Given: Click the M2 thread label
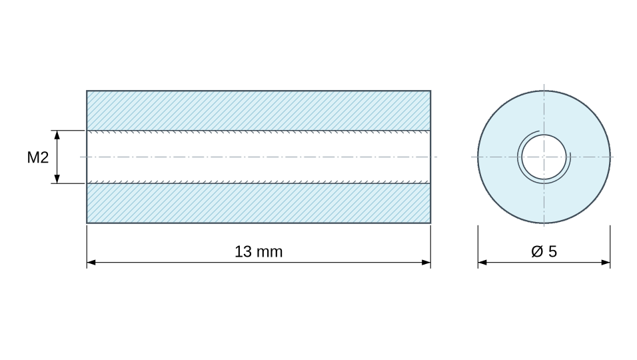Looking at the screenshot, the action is click(38, 157).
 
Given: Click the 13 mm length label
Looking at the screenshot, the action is click(259, 251).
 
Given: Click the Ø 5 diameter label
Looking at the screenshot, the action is click(544, 251).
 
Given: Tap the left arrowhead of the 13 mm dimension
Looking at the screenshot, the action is click(91, 263).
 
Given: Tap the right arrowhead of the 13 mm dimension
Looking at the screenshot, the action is click(426, 263).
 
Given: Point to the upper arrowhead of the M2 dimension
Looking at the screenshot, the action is click(57, 135).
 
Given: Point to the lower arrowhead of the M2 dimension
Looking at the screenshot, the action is click(57, 179).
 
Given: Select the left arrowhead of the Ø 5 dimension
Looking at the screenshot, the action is click(482, 263).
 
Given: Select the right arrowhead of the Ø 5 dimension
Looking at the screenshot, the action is click(605, 263).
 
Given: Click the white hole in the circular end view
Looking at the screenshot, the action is click(544, 157).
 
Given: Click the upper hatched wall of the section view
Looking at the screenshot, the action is click(259, 111).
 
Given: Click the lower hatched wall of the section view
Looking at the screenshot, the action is click(259, 203).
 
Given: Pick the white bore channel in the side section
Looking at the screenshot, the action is click(259, 157).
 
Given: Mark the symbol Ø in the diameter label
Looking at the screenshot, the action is click(537, 251).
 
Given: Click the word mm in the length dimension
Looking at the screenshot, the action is click(269, 252).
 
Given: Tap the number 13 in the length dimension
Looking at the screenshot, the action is click(243, 251).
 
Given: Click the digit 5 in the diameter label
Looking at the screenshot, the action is click(552, 251).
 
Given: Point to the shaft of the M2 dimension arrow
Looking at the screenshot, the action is click(57, 157).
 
